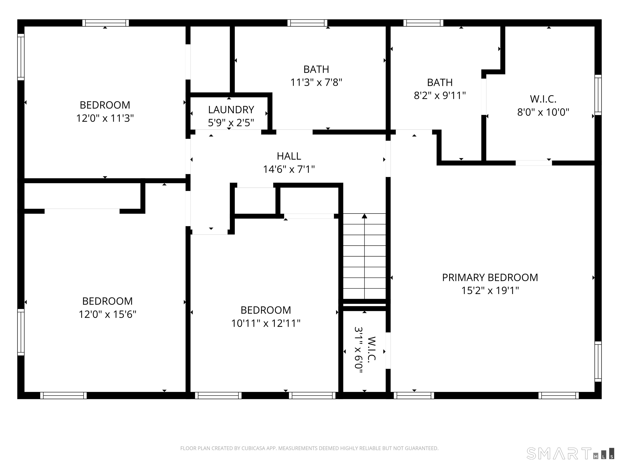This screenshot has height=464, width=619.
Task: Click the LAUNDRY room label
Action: [x=231, y=110]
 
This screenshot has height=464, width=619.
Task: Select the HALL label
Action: [x=289, y=156]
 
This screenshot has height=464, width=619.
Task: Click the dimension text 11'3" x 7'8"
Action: [x=316, y=83]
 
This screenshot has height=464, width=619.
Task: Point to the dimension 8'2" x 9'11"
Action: [x=440, y=96]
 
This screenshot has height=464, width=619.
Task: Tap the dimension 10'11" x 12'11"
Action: [x=266, y=323]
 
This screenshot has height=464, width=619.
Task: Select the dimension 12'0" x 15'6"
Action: [x=107, y=314]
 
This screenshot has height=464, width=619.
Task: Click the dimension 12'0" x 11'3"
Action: [x=105, y=118]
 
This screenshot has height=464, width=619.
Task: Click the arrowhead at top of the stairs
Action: [x=364, y=216]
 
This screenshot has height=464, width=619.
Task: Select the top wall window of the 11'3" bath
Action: [x=307, y=23]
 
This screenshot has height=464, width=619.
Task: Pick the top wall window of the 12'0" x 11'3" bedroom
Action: [x=106, y=23]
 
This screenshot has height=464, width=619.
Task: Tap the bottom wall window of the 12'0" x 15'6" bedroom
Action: [x=63, y=396]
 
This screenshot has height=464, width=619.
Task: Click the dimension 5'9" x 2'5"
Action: [x=231, y=123]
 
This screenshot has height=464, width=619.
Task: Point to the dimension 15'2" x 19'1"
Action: [x=490, y=291]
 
